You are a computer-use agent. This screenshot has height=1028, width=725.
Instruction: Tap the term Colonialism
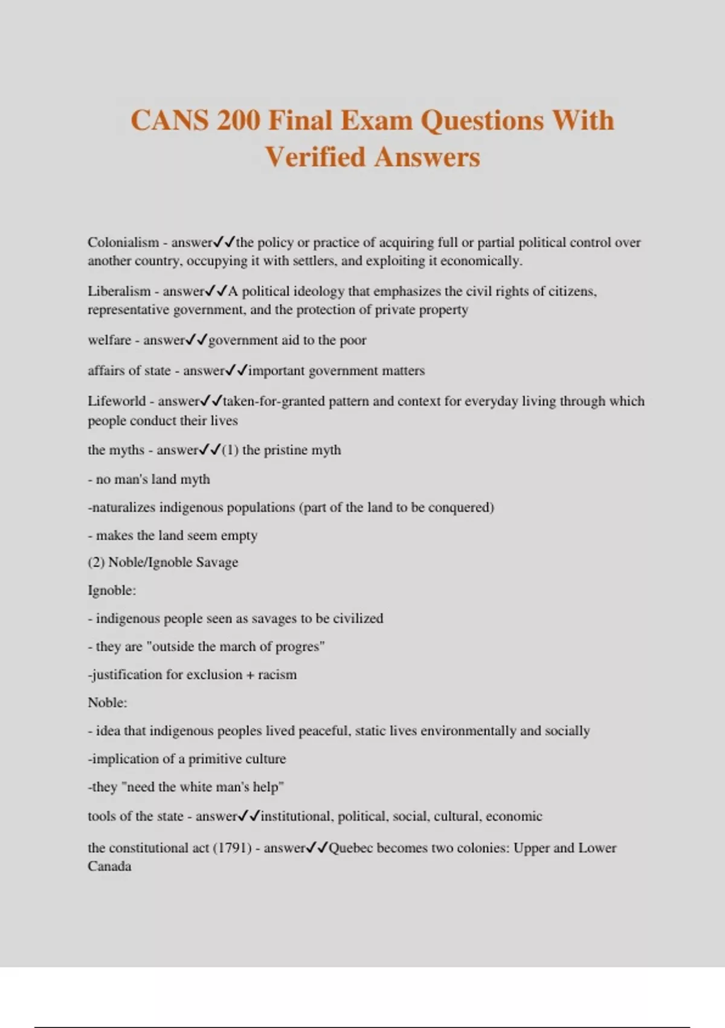tap(123, 242)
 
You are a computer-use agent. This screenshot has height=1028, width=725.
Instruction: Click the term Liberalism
tap(119, 291)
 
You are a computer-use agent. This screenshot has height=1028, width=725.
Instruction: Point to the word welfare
tap(109, 340)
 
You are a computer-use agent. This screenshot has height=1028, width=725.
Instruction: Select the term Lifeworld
tap(117, 401)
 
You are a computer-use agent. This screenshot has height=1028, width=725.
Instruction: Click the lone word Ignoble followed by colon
tap(112, 590)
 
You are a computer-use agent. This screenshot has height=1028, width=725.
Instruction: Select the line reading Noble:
tap(108, 703)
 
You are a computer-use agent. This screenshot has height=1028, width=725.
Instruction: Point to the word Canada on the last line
tap(109, 867)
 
